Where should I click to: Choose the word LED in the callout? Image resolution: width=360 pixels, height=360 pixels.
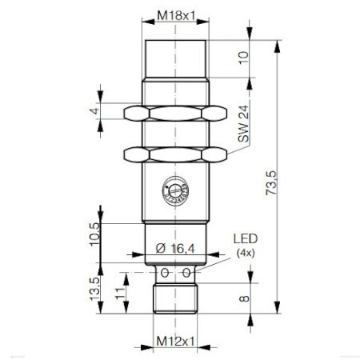(x=245, y=239)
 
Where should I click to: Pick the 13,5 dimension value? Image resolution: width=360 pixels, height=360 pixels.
(x=94, y=287)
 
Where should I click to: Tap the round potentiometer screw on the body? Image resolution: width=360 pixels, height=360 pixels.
(x=174, y=189)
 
